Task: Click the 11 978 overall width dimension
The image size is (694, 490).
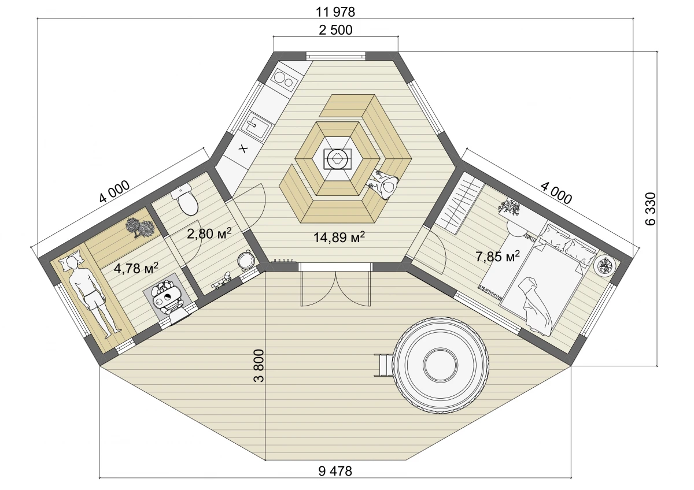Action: click(335, 12)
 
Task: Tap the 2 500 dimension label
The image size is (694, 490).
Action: click(335, 30)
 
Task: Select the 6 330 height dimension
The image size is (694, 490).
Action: click(651, 209)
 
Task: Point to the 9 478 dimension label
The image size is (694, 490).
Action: click(335, 472)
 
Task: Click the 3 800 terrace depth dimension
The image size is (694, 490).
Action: click(259, 366)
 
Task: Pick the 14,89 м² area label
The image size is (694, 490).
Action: click(339, 237)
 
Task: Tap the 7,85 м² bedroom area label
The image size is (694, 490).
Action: click(497, 257)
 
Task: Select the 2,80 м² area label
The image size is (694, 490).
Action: click(209, 233)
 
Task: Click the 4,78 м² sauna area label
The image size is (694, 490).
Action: click(136, 268)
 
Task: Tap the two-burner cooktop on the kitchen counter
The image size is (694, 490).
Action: click(283, 79)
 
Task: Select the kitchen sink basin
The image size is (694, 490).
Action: click(257, 125)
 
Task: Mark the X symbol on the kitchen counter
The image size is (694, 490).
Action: click(243, 149)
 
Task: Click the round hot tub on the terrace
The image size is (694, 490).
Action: click(440, 365)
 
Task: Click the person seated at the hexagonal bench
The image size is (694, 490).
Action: click(384, 185)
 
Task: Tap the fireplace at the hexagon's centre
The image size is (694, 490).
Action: click(337, 159)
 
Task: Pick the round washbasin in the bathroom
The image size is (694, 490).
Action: click(246, 260)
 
